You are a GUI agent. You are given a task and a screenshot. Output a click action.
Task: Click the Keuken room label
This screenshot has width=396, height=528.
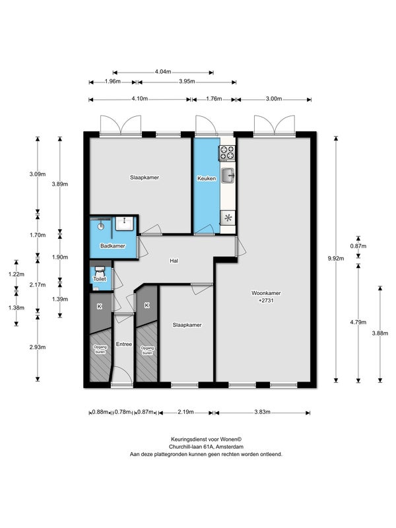point(207,178)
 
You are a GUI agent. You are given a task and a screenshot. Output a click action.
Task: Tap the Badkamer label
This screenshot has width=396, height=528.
point(113,246)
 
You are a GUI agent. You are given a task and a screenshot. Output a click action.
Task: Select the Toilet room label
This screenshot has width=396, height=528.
point(100,279)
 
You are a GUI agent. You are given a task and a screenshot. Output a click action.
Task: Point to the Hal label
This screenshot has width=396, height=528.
point(174,261)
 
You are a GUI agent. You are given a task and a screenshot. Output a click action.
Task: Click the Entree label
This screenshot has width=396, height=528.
point(123,344)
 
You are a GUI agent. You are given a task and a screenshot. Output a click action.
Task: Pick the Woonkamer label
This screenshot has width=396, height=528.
point(266,293)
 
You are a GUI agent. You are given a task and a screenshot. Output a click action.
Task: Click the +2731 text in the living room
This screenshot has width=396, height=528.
point(266,300)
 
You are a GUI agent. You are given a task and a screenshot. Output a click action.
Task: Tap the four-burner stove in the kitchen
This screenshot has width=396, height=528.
point(227,152)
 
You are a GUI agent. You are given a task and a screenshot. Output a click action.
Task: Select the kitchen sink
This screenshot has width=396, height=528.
point(228,176)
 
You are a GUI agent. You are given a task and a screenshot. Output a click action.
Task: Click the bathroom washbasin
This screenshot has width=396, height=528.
point(125,224)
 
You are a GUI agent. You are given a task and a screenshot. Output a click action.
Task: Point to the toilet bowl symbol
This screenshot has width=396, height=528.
point(100,270)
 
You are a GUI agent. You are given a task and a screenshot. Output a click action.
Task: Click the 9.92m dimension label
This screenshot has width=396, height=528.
point(336,259)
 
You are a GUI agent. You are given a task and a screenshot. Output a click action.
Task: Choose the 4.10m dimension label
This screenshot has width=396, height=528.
point(139,98)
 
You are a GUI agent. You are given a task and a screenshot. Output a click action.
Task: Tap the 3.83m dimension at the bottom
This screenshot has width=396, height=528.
point(262,412)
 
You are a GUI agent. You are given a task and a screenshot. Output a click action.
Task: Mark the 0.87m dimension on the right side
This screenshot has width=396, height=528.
point(358,246)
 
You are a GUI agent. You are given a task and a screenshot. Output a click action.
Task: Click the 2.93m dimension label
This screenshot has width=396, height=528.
point(38,347)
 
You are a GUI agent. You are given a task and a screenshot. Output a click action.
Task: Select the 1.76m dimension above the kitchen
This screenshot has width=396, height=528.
point(214,98)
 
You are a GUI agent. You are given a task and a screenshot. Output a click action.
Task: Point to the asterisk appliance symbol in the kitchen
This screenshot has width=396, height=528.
point(228,218)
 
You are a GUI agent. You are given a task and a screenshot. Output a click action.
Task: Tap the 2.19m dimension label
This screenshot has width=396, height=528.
point(185,412)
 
